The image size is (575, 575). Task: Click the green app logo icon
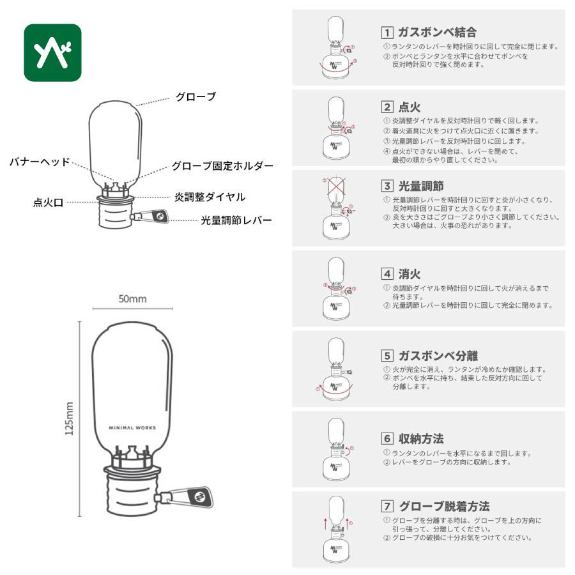click(52, 52)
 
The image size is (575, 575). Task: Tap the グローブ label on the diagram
click(196, 97)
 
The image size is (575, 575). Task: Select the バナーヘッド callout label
click(40, 162)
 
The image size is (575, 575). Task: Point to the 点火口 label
click(48, 203)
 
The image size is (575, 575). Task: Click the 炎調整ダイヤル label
click(210, 197)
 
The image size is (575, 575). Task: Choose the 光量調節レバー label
click(236, 220)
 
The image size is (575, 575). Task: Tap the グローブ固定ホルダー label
click(222, 166)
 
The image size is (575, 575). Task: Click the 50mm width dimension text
click(132, 299)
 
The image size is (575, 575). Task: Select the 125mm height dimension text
click(69, 418)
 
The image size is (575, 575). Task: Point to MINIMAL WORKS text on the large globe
click(132, 427)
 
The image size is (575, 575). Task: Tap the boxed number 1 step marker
click(387, 33)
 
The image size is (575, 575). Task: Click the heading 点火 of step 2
click(410, 107)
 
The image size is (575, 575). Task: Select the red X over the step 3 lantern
click(336, 187)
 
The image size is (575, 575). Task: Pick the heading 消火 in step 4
click(410, 274)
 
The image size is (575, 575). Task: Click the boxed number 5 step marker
click(387, 356)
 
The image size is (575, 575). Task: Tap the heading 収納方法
click(421, 438)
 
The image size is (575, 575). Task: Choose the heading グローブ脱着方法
click(444, 507)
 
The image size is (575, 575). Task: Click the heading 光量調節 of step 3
click(421, 186)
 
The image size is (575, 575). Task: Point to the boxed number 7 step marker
click(387, 507)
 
